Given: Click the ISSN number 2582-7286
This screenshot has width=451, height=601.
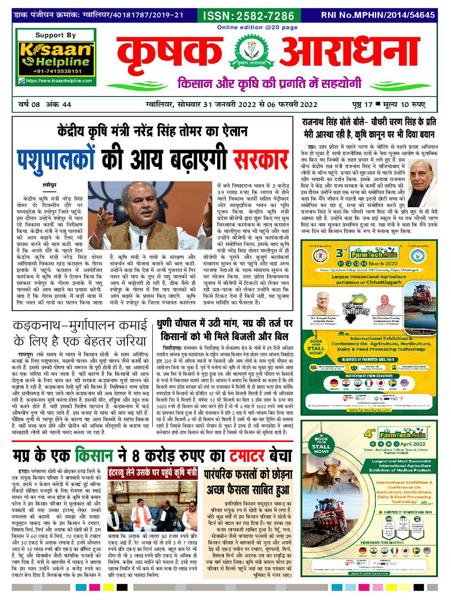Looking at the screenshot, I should click(249, 16).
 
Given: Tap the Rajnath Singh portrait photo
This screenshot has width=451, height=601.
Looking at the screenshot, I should click(423, 179).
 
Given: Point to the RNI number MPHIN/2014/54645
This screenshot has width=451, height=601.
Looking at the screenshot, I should click(378, 15).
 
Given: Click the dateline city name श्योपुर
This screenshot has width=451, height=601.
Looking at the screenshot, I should click(49, 185).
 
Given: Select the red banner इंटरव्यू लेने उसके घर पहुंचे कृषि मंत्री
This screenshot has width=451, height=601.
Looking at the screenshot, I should click(153, 473).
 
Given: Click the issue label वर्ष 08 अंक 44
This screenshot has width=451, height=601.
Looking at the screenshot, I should click(44, 105).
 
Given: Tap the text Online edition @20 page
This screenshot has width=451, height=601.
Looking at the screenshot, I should click(257, 27).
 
